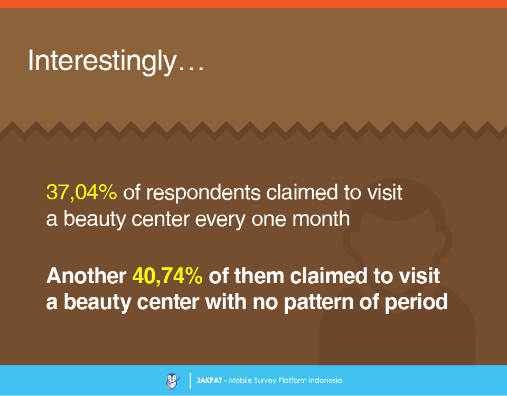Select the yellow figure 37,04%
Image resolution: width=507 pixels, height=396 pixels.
point(81,192)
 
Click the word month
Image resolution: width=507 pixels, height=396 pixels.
point(321,218)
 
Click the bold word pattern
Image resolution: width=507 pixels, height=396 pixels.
point(318,303)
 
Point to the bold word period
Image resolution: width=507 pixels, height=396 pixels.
point(416,303)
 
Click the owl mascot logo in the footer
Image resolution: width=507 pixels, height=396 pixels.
point(172,381)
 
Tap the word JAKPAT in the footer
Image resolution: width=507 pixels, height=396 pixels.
point(209,381)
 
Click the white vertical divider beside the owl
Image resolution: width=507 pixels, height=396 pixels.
point(190,381)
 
